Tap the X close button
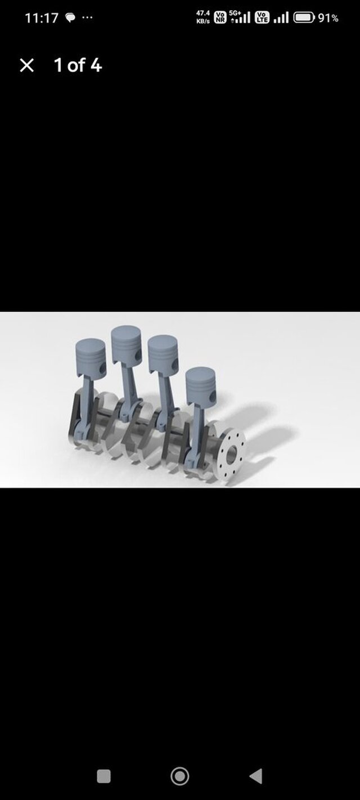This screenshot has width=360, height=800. [x=26, y=66]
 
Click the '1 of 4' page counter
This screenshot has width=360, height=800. [x=78, y=65]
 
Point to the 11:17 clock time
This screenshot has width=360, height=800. [x=41, y=18]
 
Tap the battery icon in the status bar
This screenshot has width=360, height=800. [x=304, y=17]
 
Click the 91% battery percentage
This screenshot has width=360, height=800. [x=328, y=18]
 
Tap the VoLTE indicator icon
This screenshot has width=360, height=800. [x=262, y=17]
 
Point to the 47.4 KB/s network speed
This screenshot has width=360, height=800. [x=202, y=17]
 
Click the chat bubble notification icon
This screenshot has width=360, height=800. [x=70, y=17]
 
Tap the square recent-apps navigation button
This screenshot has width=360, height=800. [x=103, y=776]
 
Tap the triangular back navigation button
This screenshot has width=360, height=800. [x=255, y=776]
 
